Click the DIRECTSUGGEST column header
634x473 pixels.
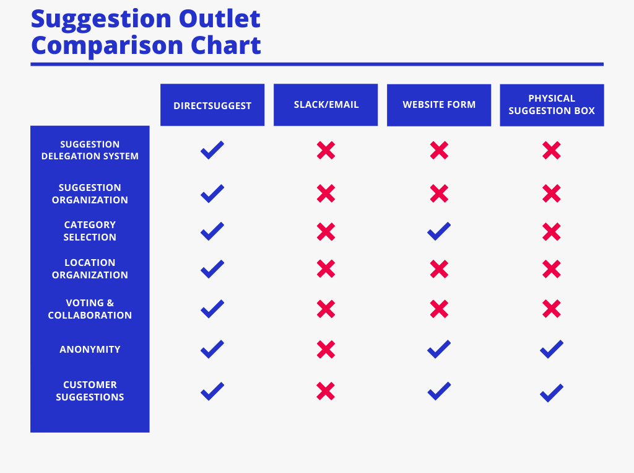click(212, 105)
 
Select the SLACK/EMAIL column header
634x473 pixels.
click(326, 105)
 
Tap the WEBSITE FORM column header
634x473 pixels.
click(439, 105)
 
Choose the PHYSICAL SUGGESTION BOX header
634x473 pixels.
click(552, 105)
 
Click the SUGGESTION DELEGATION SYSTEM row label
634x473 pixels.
click(90, 150)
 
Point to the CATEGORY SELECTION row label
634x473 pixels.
click(90, 231)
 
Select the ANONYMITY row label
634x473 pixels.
click(90, 350)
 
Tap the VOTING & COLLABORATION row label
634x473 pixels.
click(90, 309)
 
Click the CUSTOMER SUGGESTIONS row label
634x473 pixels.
click(90, 391)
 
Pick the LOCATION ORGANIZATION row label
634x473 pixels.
click(90, 268)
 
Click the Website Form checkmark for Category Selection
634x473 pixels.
click(439, 231)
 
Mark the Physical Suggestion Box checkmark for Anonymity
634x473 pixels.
click(552, 349)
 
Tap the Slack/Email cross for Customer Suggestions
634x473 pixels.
click(326, 391)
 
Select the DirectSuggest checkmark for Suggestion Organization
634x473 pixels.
click(212, 193)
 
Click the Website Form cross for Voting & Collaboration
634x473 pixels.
click(439, 309)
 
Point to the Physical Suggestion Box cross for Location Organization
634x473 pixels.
click(552, 269)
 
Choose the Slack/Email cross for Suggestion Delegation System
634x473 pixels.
click(326, 150)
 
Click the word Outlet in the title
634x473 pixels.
click(220, 19)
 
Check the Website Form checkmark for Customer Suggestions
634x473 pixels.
click(439, 391)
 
